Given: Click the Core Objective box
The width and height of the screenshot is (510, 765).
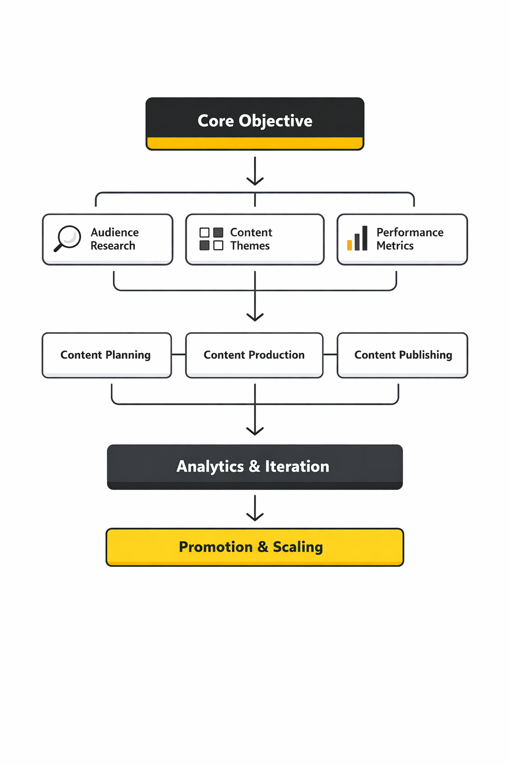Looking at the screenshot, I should point(255,123).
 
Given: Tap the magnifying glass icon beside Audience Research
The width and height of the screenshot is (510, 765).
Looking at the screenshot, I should point(67,238).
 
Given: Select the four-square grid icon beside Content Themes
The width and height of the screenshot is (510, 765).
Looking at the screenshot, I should point(211,239).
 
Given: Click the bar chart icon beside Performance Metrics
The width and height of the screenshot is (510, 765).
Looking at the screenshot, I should point(358,239).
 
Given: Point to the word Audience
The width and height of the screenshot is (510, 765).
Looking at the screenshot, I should point(115,233).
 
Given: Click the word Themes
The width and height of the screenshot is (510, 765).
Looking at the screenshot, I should point(250,246).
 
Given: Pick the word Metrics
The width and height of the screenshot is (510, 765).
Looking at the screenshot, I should point(395,246).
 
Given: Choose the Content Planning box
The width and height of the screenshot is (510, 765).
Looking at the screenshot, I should point(107,355).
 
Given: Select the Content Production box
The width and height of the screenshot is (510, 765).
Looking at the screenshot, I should point(254,355).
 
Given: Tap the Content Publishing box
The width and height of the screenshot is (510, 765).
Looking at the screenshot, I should point(402,355).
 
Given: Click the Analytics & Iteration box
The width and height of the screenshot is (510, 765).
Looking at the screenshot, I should point(255,467).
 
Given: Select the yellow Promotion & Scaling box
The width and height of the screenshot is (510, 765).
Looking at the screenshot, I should point(255,547).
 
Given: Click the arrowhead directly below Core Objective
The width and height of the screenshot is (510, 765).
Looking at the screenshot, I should point(255,180).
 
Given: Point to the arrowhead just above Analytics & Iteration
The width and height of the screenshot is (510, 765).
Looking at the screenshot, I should point(255,430).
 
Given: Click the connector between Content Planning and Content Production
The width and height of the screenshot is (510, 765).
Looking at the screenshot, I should point(179,355).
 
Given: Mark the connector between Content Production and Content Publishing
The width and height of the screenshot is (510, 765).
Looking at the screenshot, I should point(330,355).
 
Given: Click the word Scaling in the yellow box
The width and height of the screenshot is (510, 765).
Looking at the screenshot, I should point(298,547).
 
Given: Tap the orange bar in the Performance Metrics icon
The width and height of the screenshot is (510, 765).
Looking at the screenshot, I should point(350,245).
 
